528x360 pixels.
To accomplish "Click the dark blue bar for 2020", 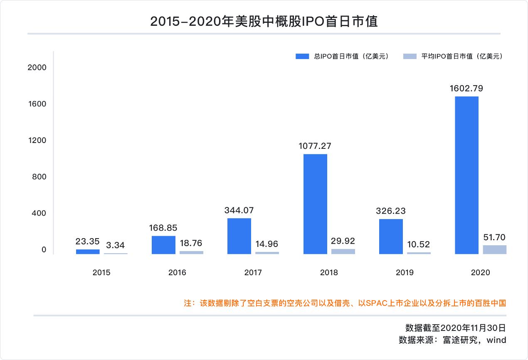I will (x=466, y=175).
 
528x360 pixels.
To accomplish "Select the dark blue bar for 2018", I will (x=315, y=204).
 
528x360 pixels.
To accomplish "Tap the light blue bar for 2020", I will (x=494, y=249).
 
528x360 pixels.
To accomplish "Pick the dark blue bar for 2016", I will (x=163, y=245).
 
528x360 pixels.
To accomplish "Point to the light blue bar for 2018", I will (x=343, y=252).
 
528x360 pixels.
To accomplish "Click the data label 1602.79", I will (x=466, y=88).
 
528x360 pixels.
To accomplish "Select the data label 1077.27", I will (x=315, y=146).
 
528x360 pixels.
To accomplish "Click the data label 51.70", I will (x=494, y=237).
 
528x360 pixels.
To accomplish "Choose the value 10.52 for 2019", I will (x=419, y=244).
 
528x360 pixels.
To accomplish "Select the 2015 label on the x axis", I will (x=101, y=273).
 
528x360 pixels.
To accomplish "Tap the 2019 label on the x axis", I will (x=405, y=273).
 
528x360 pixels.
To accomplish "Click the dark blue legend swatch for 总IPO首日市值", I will (x=302, y=57).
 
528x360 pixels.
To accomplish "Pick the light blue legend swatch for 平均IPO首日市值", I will (x=410, y=57).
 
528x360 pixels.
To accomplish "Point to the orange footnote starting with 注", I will (x=345, y=303).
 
